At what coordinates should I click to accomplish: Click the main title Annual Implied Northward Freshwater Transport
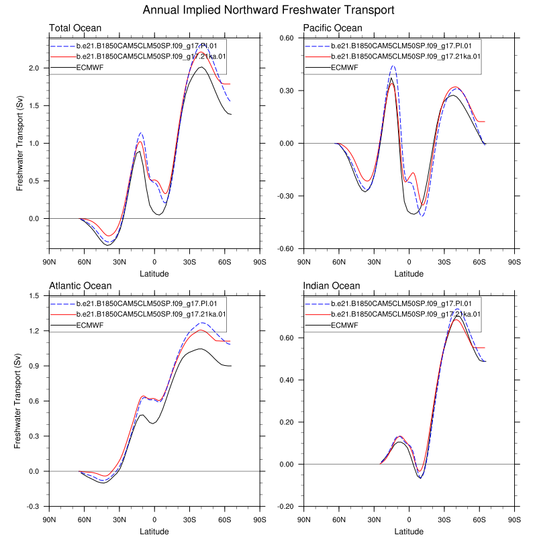click(x=268, y=10)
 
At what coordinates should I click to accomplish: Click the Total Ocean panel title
click(x=75, y=28)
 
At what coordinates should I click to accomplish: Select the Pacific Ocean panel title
click(x=332, y=28)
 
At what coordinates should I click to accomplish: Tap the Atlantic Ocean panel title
click(x=81, y=286)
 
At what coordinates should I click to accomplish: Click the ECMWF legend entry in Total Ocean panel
click(x=90, y=67)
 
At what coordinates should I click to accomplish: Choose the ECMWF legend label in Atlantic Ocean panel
click(x=90, y=325)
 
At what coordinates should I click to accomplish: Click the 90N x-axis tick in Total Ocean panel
click(x=49, y=262)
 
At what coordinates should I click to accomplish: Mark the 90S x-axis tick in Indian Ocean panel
click(x=514, y=520)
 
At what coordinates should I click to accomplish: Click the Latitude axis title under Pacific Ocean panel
click(x=409, y=274)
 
